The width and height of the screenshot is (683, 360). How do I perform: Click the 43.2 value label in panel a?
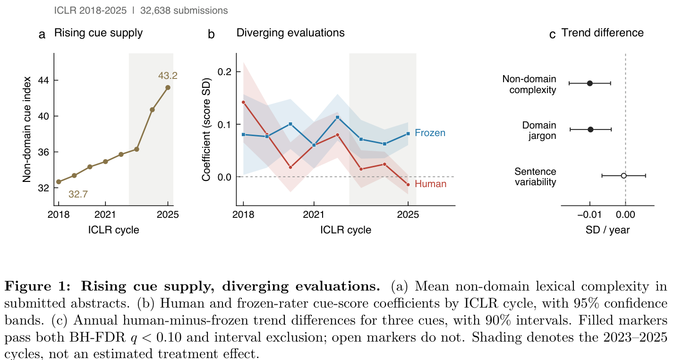[x=168, y=76]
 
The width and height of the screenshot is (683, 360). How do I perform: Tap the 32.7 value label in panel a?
[x=78, y=194]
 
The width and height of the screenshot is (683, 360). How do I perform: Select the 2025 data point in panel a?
[x=168, y=87]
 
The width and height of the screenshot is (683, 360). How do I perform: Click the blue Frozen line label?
[x=430, y=133]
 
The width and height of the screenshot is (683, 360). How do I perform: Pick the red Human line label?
[x=430, y=184]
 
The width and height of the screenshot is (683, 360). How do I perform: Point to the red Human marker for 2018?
[x=243, y=102]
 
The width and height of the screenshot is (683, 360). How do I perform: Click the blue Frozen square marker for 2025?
[x=408, y=134]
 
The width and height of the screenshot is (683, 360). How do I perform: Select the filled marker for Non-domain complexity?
[x=589, y=83]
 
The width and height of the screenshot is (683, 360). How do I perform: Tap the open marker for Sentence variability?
[x=623, y=176]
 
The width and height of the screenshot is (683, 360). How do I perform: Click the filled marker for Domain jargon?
[x=590, y=129]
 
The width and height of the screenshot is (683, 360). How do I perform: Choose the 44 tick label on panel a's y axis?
[x=43, y=80]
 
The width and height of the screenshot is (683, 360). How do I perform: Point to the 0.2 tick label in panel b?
[x=224, y=72]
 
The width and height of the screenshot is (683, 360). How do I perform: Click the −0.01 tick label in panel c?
[x=589, y=214]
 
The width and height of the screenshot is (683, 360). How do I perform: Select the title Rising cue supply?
[x=98, y=33]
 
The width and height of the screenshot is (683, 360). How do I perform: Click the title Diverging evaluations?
[x=290, y=33]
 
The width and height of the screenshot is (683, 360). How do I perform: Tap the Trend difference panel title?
[x=603, y=33]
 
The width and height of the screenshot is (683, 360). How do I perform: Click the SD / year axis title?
[x=607, y=230]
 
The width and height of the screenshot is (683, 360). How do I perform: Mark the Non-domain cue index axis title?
[x=27, y=129]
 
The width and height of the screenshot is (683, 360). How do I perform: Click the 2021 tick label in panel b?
[x=314, y=214]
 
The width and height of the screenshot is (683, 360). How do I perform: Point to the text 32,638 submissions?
[x=184, y=10]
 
